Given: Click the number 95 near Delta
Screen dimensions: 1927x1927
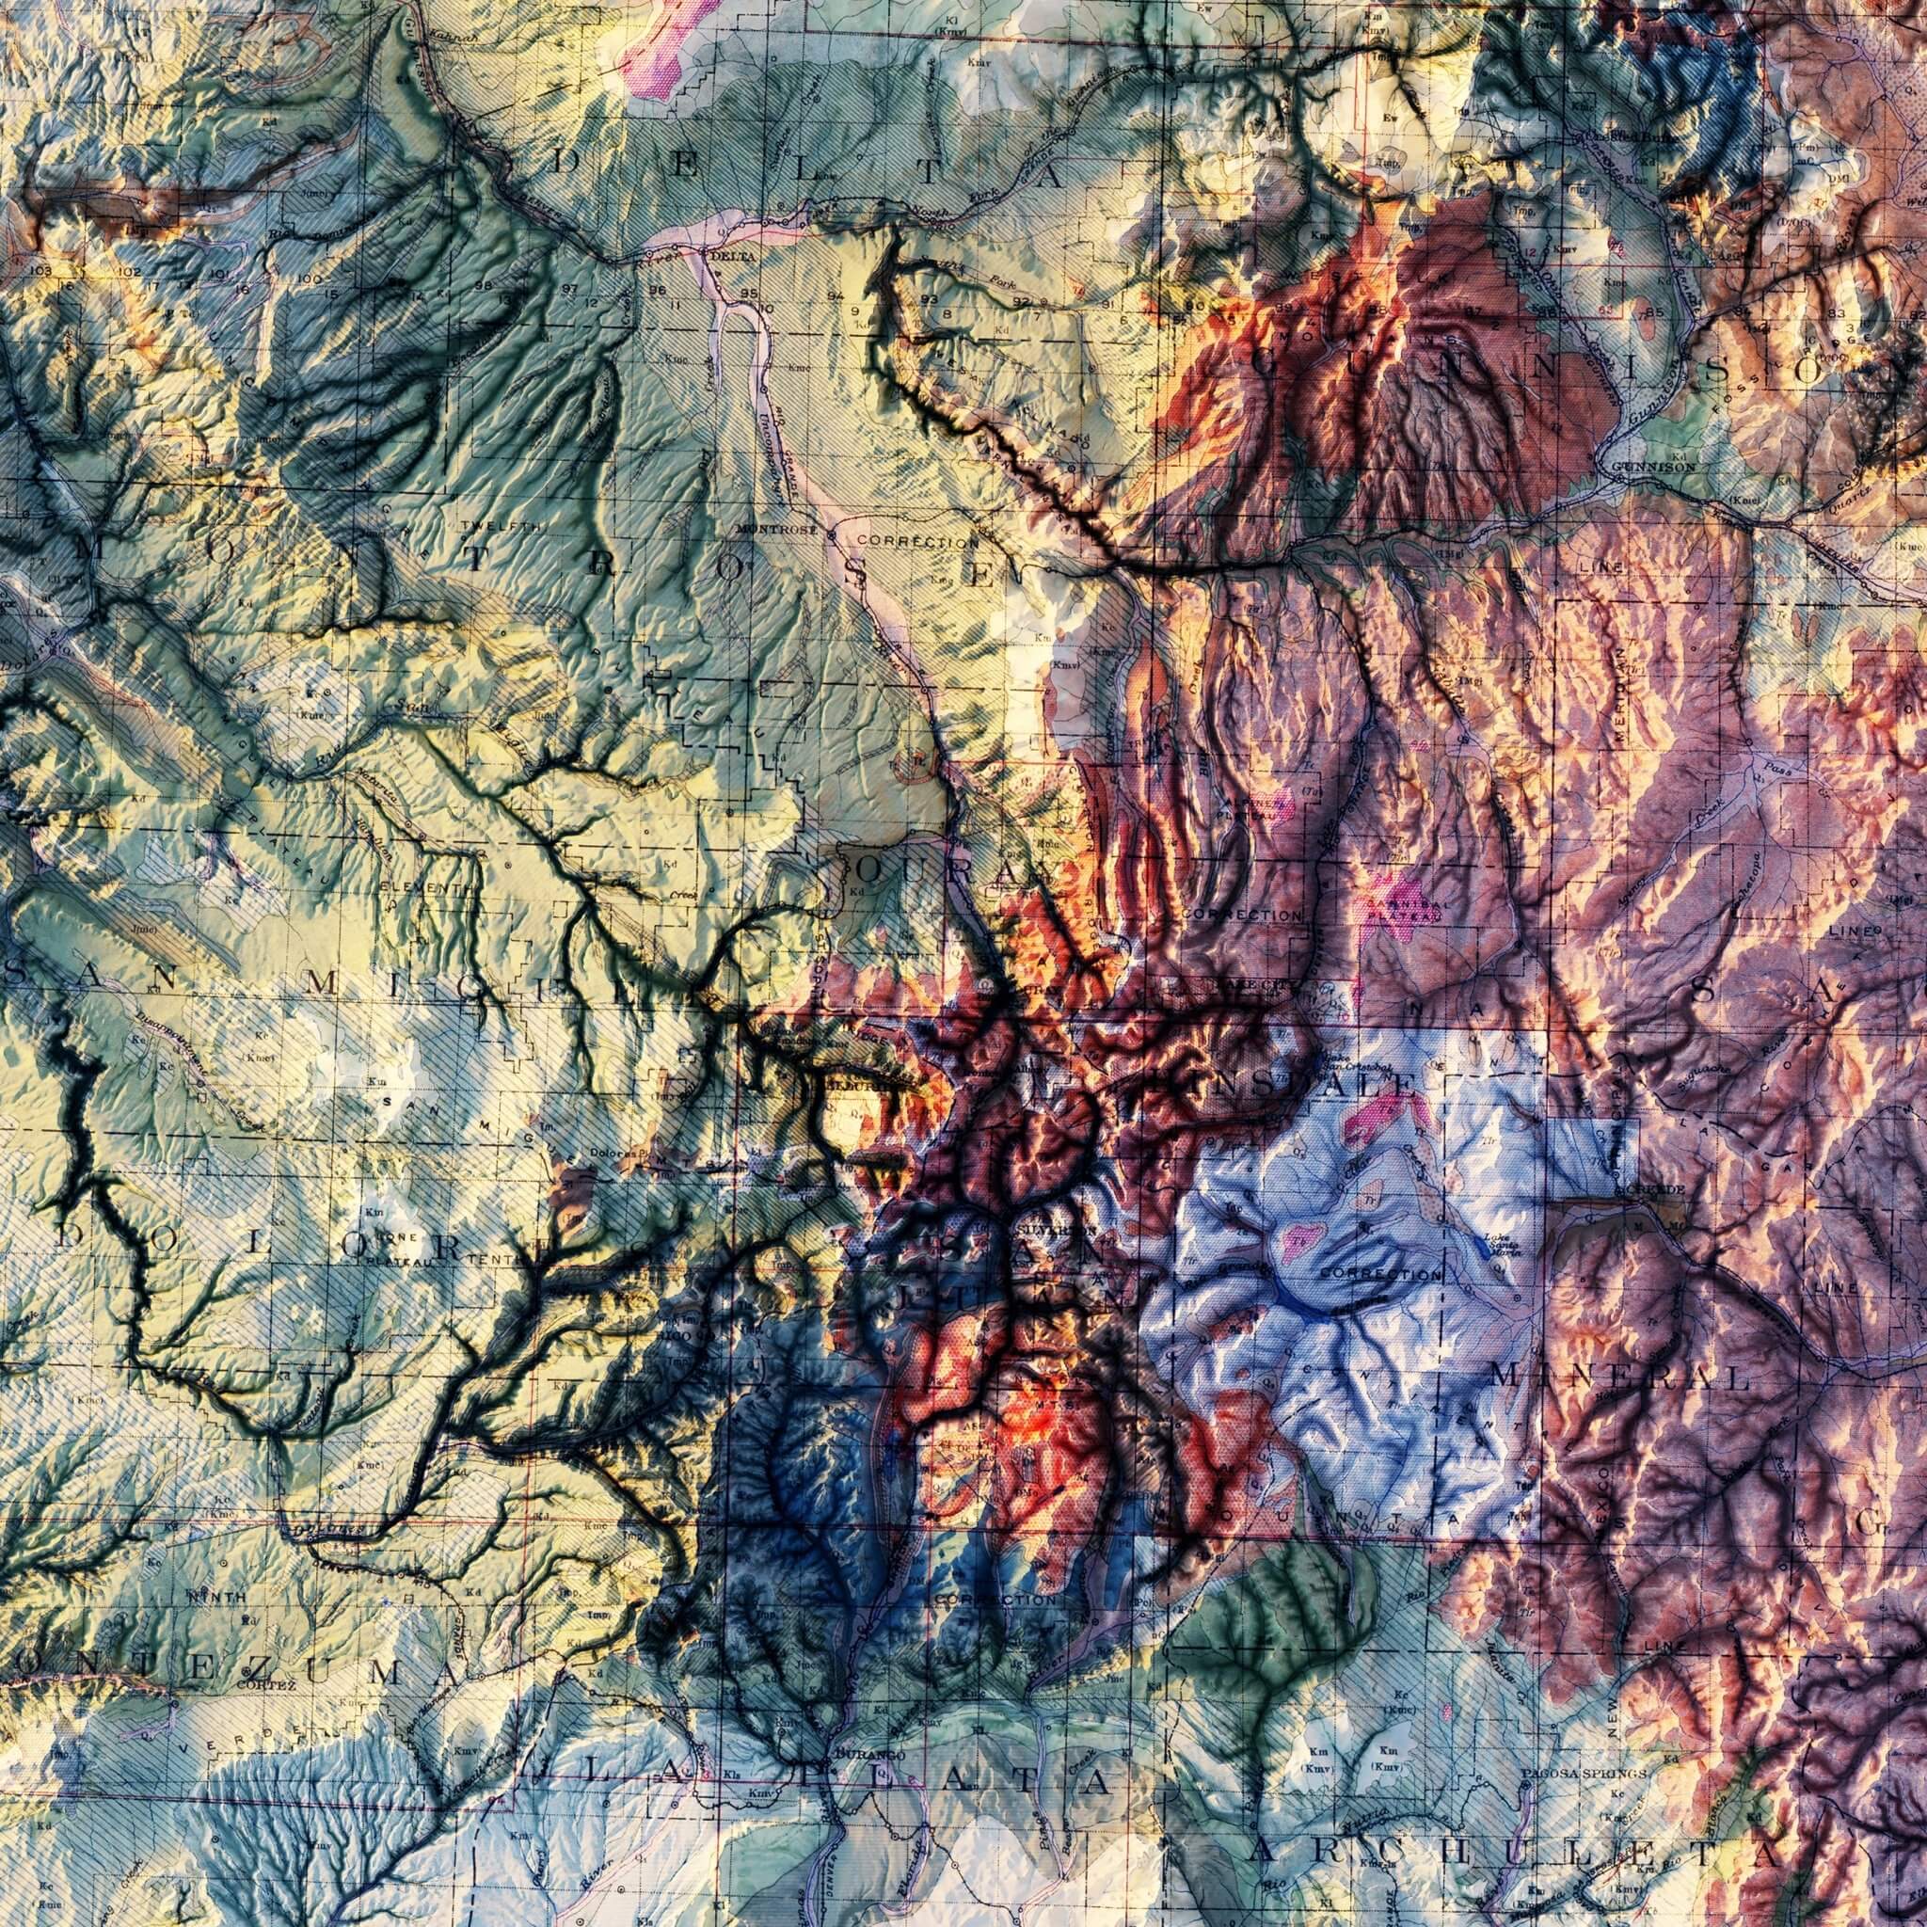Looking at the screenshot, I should pyautogui.click(x=750, y=294).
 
